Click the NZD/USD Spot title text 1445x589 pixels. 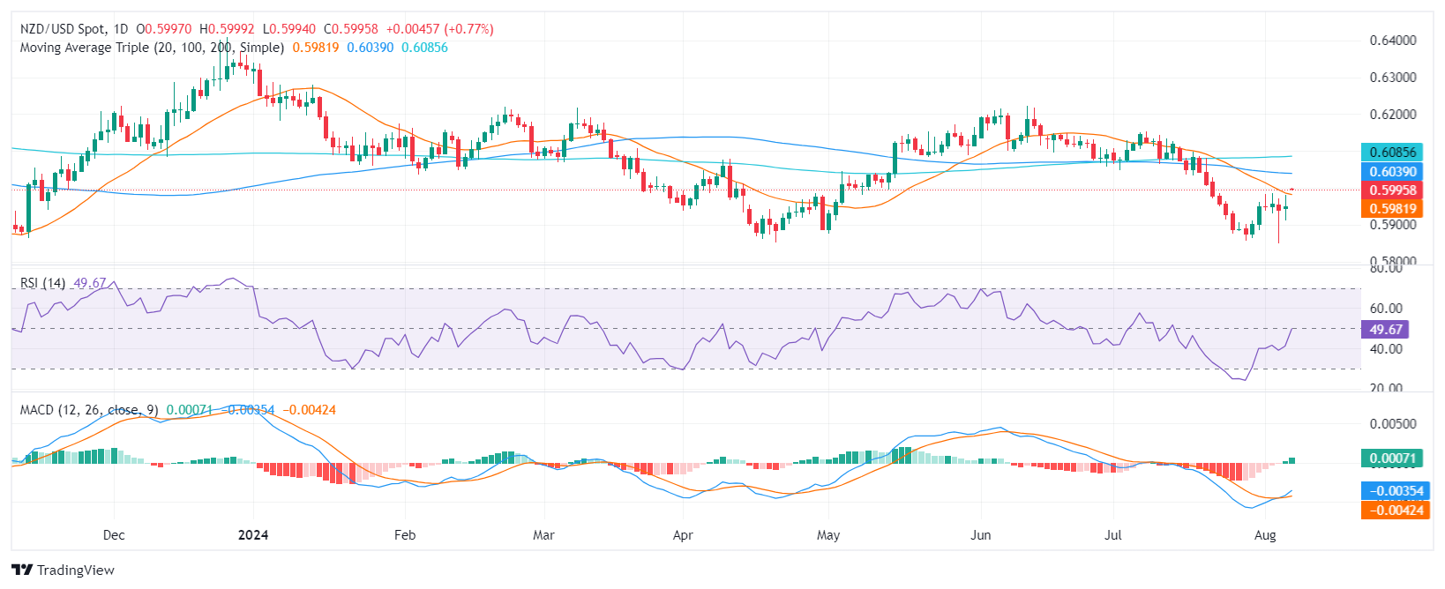tap(62, 29)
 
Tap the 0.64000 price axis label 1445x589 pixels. tap(1393, 41)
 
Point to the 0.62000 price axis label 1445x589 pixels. tap(1393, 115)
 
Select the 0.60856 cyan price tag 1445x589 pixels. tap(1392, 153)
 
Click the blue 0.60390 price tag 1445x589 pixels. tap(1392, 172)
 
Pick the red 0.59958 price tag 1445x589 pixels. tap(1392, 190)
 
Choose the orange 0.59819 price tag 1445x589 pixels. tap(1392, 209)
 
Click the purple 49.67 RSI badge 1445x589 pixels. tap(1385, 330)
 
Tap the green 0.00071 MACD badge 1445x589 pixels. tap(1392, 459)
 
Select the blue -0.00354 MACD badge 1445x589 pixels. tap(1392, 491)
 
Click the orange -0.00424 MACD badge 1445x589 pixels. tap(1392, 510)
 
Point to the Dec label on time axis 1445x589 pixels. tap(114, 535)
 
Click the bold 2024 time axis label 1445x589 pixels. tap(253, 535)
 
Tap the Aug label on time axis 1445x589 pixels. tap(1265, 535)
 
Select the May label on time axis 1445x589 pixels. tap(828, 535)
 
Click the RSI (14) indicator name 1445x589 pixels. tap(42, 283)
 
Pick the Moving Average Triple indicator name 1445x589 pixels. tap(152, 48)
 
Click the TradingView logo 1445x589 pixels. tap(64, 570)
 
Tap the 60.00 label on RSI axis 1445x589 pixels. tap(1386, 309)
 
